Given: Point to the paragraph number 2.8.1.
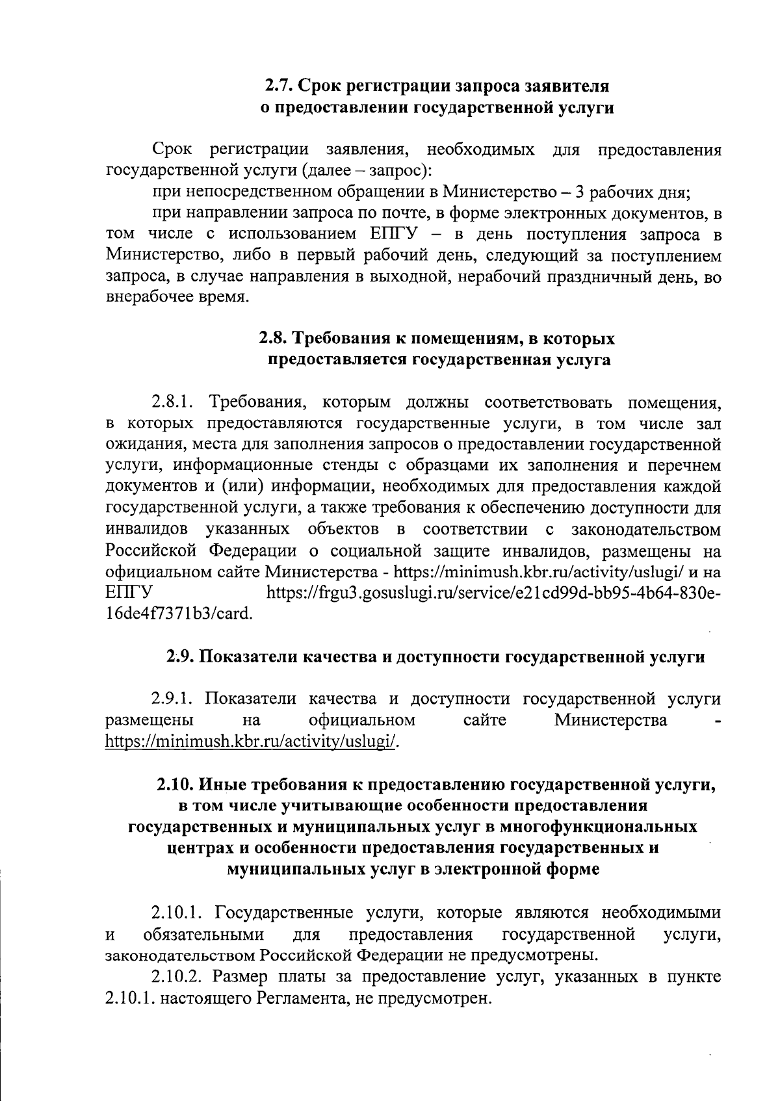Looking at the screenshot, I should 174,402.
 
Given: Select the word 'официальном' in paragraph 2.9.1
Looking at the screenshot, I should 362,720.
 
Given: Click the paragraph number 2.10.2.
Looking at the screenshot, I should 177,976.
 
